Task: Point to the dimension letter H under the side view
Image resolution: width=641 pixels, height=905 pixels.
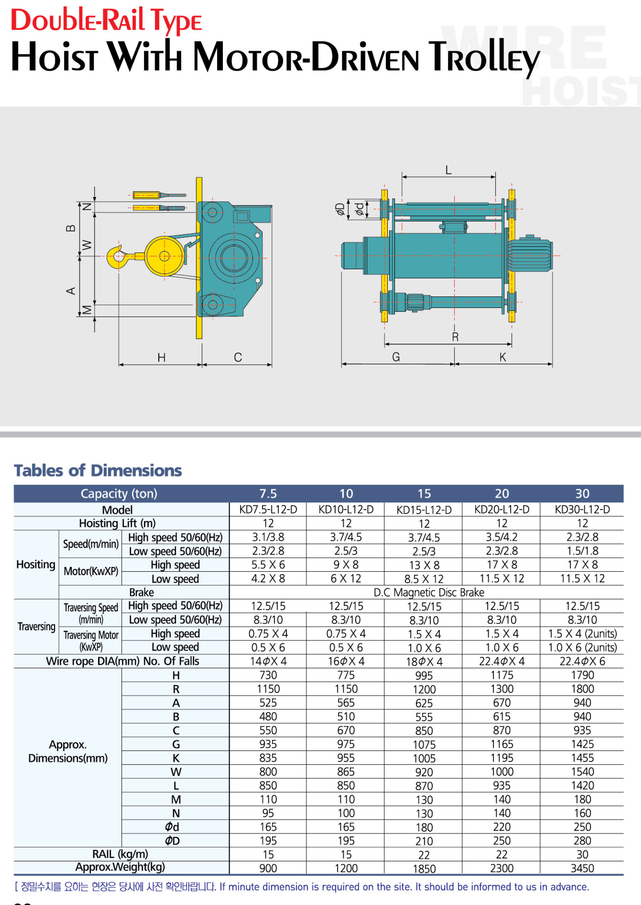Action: [161, 358]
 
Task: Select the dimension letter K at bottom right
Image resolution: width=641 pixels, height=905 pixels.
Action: [502, 357]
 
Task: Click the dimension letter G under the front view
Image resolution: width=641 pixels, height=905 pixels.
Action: [396, 357]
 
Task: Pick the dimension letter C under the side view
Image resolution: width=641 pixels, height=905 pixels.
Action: [237, 358]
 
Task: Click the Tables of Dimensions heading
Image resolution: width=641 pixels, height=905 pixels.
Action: [98, 471]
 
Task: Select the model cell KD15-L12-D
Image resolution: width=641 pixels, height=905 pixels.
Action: [424, 510]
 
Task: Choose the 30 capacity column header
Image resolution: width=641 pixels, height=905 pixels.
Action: [582, 493]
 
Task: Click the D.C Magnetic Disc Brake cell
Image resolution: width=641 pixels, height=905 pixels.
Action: [429, 592]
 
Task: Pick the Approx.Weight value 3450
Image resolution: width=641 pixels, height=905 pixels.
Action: [582, 868]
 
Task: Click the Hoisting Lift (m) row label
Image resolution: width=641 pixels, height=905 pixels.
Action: [117, 523]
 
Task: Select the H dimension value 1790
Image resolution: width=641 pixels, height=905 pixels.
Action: [582, 675]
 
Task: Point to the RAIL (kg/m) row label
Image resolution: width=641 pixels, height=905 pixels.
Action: [120, 854]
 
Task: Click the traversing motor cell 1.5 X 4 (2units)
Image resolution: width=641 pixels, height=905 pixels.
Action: [582, 634]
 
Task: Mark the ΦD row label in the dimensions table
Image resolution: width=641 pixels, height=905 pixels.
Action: [172, 841]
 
